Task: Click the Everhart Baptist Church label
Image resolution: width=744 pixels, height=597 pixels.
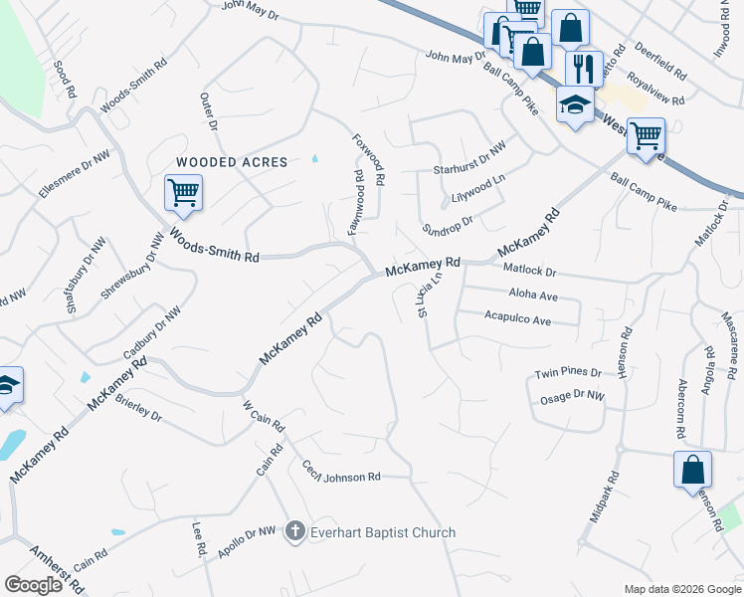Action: [x=383, y=532]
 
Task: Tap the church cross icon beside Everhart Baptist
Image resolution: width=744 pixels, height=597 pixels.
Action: [x=294, y=532]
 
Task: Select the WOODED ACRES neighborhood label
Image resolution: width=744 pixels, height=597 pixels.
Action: [x=232, y=162]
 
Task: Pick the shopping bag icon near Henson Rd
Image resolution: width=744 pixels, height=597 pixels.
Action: [x=692, y=469]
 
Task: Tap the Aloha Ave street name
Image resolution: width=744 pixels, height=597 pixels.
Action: [x=533, y=296]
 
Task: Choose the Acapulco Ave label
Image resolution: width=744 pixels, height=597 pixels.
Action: [x=517, y=320]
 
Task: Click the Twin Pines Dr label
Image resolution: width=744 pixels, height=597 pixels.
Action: [x=569, y=372]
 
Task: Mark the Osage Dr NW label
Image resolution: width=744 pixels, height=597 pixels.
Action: [x=573, y=395]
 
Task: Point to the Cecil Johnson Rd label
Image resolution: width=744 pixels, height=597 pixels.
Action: [x=341, y=473]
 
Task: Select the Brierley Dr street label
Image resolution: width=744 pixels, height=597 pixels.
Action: [x=138, y=406]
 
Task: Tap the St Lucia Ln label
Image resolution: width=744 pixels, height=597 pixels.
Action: [x=422, y=299]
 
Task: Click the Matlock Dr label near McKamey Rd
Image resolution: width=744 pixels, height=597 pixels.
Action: [x=529, y=271]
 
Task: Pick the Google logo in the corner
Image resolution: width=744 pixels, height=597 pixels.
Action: [x=34, y=585]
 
